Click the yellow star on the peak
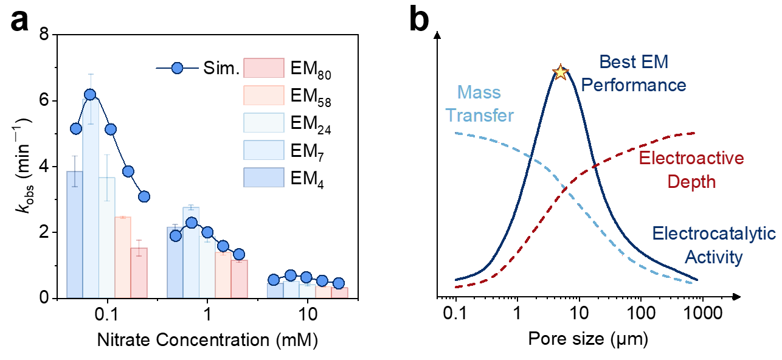coord(559,72)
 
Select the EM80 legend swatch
coord(264,68)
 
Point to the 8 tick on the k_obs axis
coord(44,35)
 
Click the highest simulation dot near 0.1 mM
coord(90,94)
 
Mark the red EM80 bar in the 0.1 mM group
coord(139,273)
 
